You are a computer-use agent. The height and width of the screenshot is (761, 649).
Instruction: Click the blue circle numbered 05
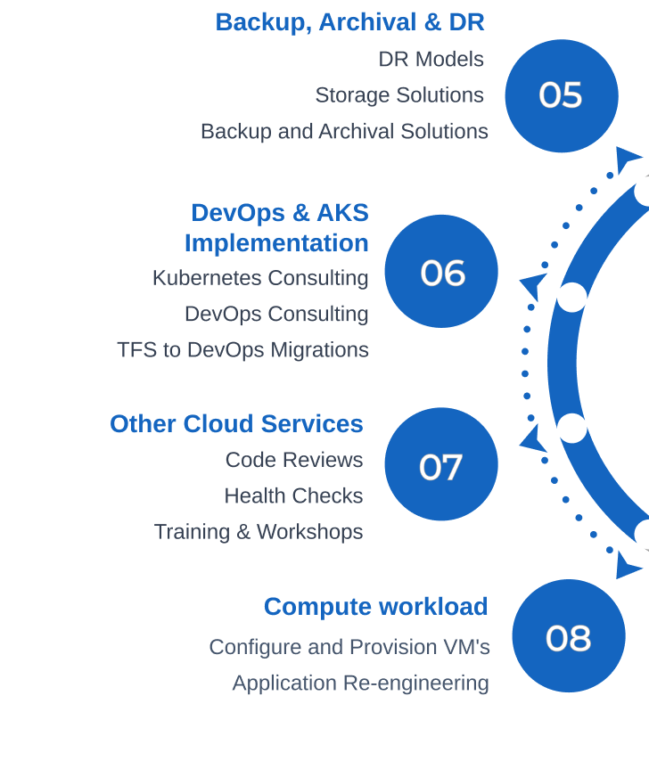click(561, 95)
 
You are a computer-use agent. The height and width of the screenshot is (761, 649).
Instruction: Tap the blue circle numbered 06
click(441, 272)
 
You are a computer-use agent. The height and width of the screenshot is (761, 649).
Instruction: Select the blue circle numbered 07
click(441, 464)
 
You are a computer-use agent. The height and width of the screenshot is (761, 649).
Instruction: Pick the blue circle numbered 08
click(568, 636)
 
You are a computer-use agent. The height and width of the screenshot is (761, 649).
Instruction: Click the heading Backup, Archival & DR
click(349, 22)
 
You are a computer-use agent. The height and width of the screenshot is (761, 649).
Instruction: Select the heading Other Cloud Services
click(236, 424)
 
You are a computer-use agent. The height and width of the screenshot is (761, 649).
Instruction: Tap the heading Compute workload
click(375, 607)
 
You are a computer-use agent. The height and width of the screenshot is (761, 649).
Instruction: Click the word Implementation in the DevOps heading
click(276, 243)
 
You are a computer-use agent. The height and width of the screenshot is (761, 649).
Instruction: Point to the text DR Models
click(431, 60)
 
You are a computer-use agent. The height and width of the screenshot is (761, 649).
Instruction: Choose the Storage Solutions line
click(399, 95)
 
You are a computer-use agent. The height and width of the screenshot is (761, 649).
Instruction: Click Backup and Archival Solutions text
click(344, 132)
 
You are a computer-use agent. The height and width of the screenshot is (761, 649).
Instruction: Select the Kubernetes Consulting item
click(260, 278)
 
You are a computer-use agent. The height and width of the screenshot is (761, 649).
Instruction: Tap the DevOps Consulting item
click(276, 315)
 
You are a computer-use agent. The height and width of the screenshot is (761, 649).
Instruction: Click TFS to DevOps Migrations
click(242, 350)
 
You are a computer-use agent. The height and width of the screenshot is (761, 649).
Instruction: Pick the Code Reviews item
click(294, 461)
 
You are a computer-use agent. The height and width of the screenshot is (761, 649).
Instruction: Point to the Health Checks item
click(293, 496)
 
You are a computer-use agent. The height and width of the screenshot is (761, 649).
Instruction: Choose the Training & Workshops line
click(259, 532)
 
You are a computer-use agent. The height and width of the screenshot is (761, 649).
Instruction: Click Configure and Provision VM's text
click(349, 647)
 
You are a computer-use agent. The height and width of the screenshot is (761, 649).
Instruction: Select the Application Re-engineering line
click(360, 683)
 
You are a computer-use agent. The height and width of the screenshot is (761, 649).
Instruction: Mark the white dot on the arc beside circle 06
click(572, 297)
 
